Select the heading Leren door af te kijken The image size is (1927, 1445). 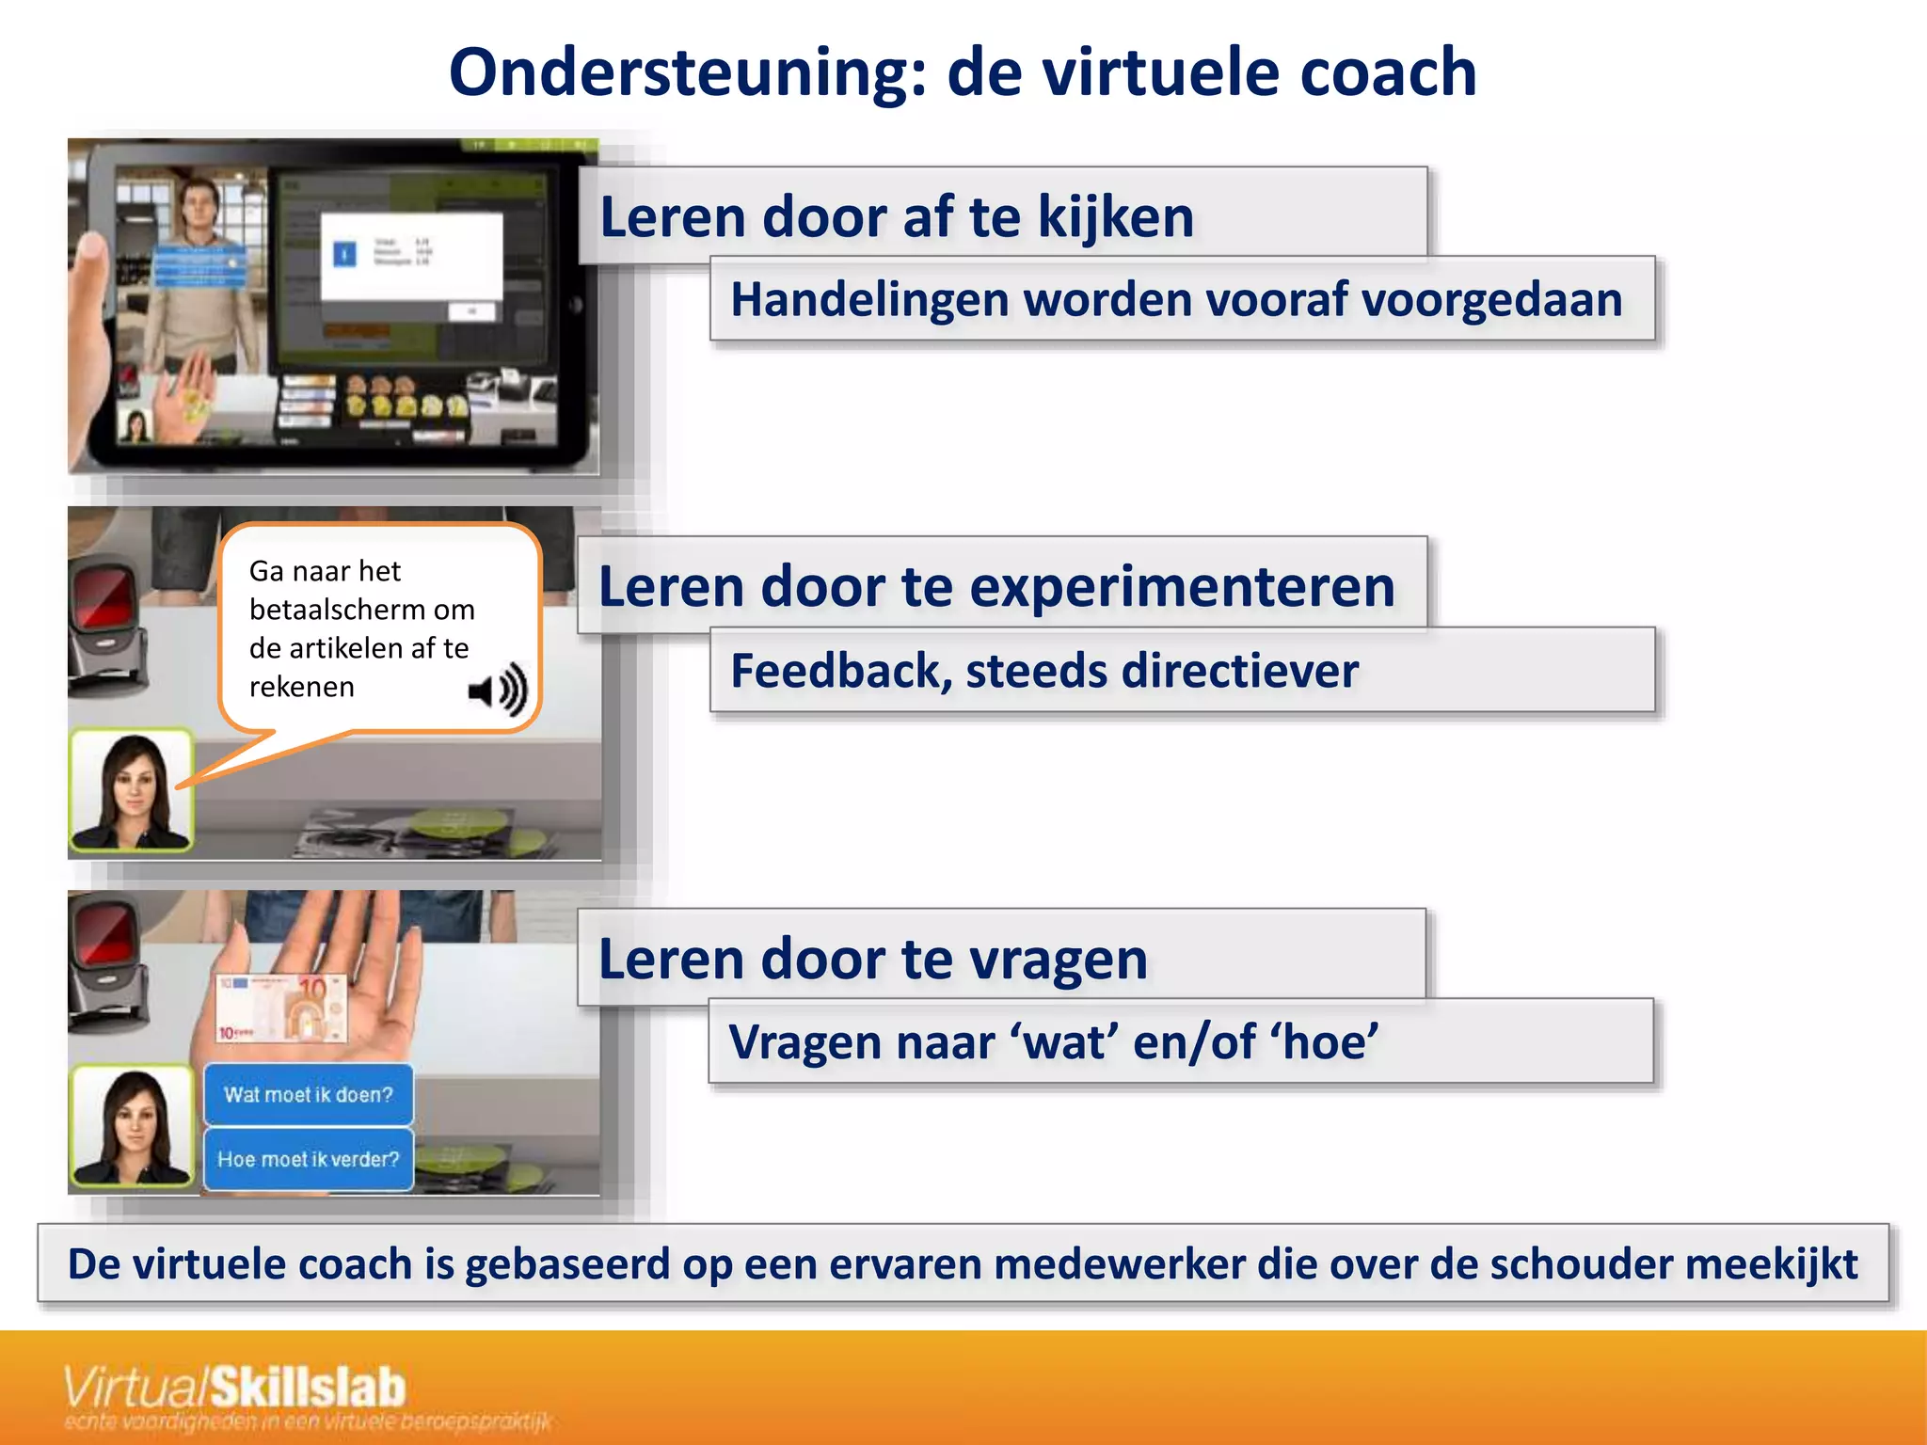(897, 217)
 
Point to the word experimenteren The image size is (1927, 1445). (1182, 587)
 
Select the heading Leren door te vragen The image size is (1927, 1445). (872, 960)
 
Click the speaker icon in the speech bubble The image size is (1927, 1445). (498, 691)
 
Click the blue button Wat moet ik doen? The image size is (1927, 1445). (309, 1095)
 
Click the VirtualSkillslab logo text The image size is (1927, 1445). (235, 1389)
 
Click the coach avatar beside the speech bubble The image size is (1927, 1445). (132, 790)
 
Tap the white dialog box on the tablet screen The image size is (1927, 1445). (411, 257)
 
